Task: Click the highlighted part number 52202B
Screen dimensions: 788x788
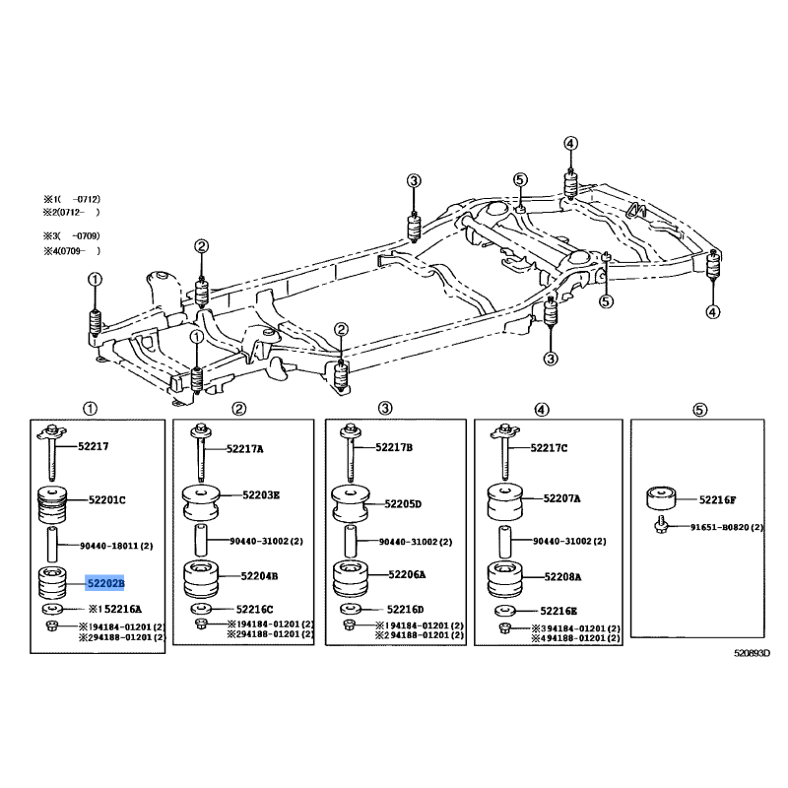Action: point(105,583)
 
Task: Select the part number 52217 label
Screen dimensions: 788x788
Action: point(93,446)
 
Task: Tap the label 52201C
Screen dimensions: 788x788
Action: point(107,499)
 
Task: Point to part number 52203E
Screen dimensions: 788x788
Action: point(261,495)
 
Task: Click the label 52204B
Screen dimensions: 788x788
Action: point(259,576)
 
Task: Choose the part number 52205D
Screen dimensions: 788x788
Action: point(403,503)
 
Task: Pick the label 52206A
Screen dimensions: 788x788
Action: point(407,574)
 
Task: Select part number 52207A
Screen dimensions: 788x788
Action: point(561,498)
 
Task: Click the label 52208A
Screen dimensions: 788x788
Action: point(562,577)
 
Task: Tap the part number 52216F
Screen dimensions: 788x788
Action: point(718,499)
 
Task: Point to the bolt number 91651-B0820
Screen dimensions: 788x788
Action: point(721,527)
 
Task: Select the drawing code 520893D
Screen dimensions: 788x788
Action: point(752,653)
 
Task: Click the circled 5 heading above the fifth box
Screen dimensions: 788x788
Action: point(699,410)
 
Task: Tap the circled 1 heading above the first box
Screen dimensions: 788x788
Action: point(90,409)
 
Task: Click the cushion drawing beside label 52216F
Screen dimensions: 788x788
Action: point(661,497)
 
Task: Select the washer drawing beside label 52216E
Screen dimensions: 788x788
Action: point(505,611)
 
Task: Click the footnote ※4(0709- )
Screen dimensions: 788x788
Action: point(72,251)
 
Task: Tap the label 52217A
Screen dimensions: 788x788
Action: point(244,449)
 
